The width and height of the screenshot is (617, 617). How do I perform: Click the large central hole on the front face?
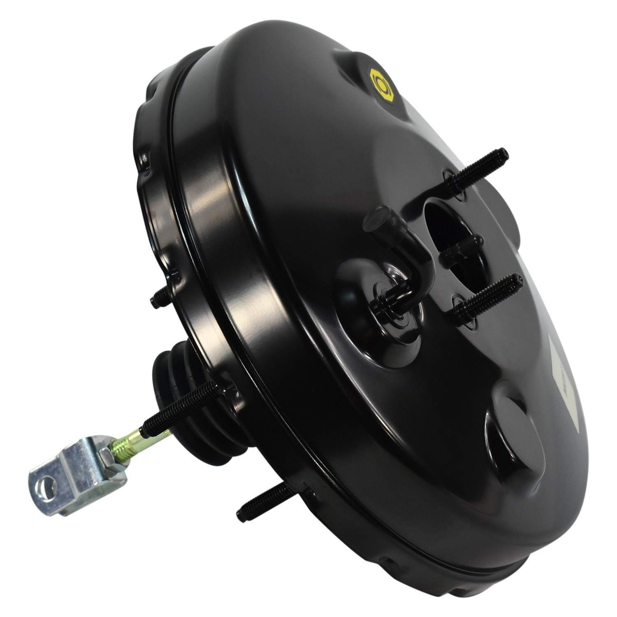tap(446, 230)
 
